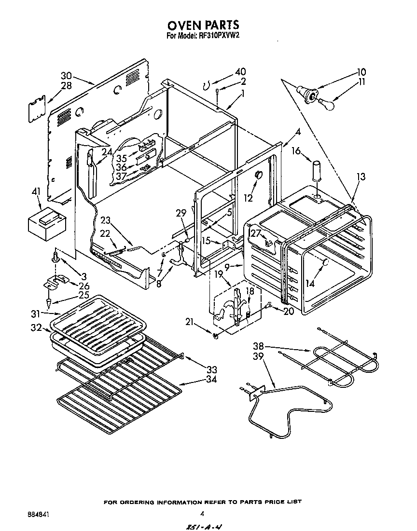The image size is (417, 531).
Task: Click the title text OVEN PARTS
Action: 203,25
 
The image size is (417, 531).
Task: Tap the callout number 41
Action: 35,192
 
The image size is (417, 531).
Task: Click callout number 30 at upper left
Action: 66,76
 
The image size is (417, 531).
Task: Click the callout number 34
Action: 210,379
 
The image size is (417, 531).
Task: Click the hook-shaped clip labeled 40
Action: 206,86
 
